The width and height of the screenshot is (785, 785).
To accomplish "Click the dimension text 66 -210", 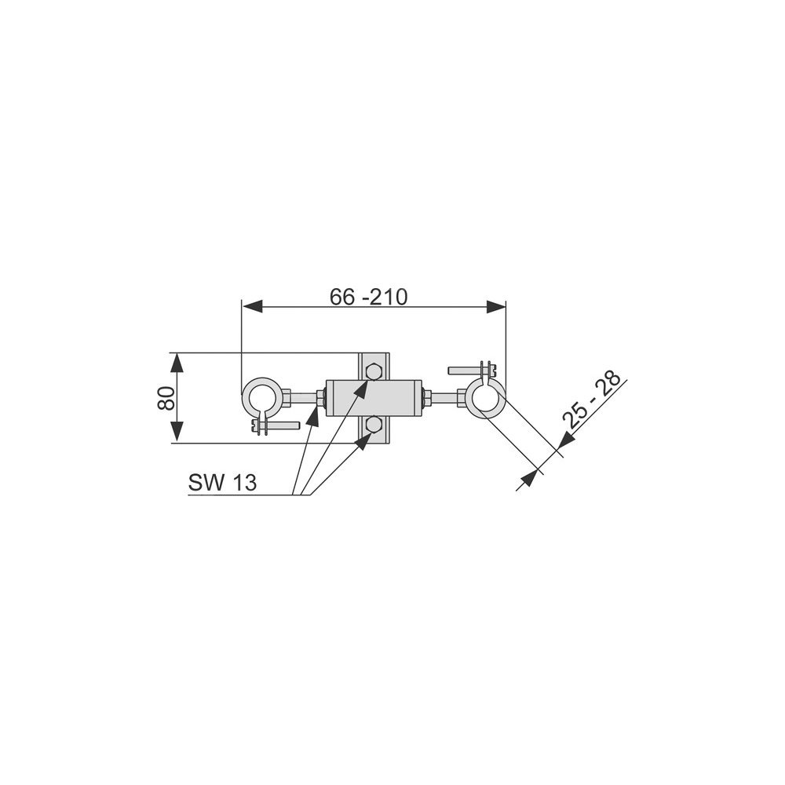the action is pyautogui.click(x=368, y=297).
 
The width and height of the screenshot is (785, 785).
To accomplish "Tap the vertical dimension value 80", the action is pyautogui.click(x=166, y=398).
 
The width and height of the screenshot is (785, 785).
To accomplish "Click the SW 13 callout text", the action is pyautogui.click(x=222, y=483).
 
